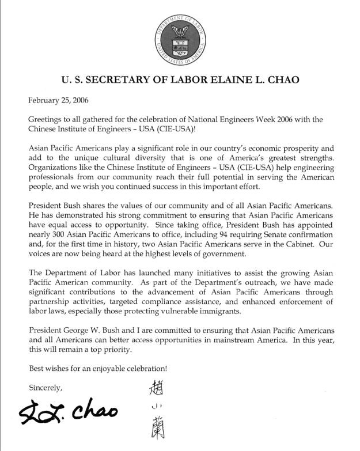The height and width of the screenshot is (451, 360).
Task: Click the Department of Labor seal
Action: coord(179,37)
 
